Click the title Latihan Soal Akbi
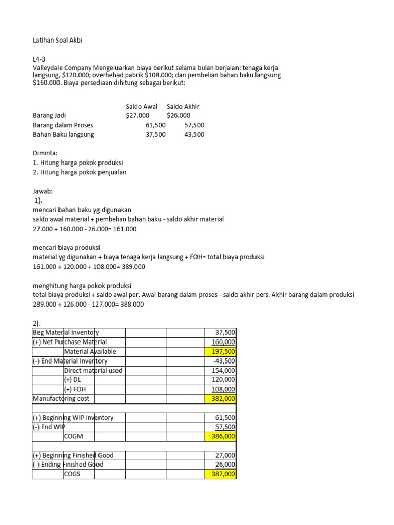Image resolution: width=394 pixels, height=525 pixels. tap(57, 41)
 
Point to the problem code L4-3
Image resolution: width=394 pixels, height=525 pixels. tap(39, 59)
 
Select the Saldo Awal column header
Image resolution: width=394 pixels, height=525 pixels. tap(142, 106)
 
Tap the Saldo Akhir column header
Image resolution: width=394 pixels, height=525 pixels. tap(183, 106)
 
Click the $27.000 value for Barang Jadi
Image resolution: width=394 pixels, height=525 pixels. tap(137, 115)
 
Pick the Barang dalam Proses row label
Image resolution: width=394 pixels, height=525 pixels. tap(63, 125)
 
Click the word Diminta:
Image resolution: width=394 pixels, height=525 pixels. tap(45, 153)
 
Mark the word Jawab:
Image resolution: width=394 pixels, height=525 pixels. tap(43, 191)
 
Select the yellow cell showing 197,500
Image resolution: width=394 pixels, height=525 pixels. tap(221, 351)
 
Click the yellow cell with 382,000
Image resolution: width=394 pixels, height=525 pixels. tap(221, 398)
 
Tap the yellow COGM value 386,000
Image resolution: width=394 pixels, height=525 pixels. tap(221, 436)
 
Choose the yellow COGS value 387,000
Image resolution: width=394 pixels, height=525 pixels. tap(221, 474)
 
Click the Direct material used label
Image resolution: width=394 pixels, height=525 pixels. tap(93, 370)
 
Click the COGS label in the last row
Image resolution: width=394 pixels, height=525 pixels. tap(73, 474)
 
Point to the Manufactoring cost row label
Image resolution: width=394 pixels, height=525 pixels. tap(63, 398)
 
